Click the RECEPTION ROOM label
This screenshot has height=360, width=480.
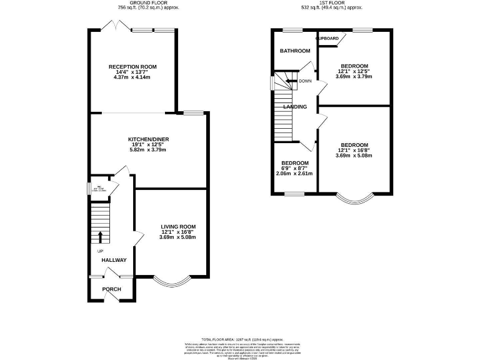[x=132, y=67]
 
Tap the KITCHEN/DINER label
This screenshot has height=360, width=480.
[x=149, y=139]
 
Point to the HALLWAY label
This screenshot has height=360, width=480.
[x=114, y=260]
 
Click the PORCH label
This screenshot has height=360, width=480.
[x=111, y=289]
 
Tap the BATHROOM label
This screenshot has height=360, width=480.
[x=294, y=51]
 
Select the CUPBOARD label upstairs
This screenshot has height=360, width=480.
[x=327, y=39]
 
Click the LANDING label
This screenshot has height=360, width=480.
[x=295, y=107]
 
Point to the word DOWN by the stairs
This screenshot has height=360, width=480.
[x=305, y=81]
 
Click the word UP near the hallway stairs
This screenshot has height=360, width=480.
[x=100, y=251]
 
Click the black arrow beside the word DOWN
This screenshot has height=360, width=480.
[x=293, y=81]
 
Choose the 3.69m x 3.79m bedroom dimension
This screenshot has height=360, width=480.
[x=354, y=77]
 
